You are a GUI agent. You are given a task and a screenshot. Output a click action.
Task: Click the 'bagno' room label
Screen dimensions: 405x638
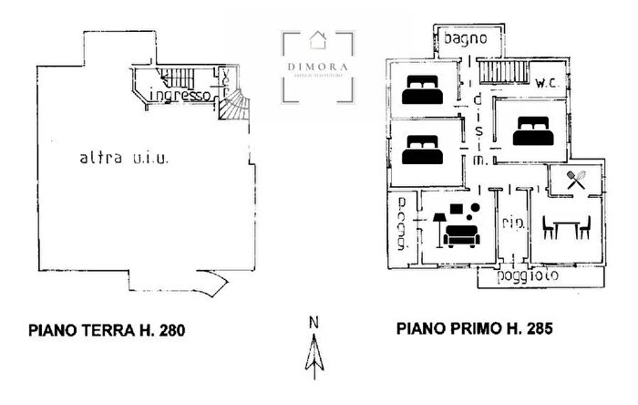point(471,40)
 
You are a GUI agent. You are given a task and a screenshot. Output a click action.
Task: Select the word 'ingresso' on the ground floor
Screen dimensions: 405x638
point(180,95)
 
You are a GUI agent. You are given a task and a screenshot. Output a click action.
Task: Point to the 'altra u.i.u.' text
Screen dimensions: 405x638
point(125,157)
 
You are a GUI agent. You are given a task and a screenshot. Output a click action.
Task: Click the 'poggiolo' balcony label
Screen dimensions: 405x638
point(530,275)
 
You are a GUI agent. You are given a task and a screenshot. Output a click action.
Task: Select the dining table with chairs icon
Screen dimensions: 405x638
point(566,226)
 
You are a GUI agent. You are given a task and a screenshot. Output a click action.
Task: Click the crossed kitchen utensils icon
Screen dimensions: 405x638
point(575,180)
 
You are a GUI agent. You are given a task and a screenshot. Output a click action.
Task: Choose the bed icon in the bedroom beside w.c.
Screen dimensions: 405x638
point(530,131)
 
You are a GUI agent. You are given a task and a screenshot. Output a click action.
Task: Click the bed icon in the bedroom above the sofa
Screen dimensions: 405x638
point(422,151)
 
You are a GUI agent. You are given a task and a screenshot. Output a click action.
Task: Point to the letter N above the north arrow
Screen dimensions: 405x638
point(313,321)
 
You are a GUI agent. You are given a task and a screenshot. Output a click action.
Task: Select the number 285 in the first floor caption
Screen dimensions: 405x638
point(539,328)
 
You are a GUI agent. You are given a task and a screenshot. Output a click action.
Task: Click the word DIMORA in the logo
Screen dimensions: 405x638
point(318,66)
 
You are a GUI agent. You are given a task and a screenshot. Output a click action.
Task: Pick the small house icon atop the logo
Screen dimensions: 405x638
point(318,38)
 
